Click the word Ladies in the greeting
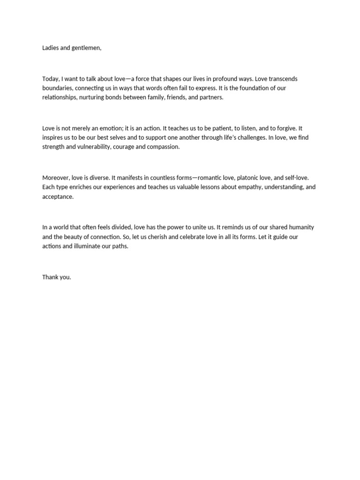(51, 48)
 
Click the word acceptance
(58, 196)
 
